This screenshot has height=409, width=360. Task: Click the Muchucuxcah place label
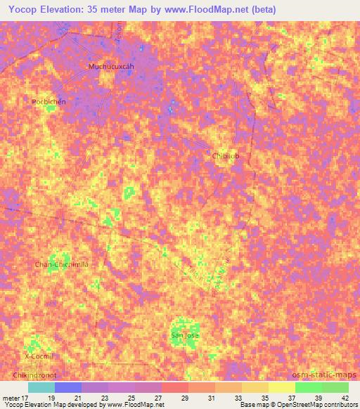click(110, 67)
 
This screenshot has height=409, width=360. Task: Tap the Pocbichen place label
click(49, 102)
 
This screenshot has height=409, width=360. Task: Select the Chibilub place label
click(225, 156)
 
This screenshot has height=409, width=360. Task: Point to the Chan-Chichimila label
click(62, 264)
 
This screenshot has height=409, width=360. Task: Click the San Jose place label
click(186, 336)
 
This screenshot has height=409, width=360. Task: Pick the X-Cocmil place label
click(39, 356)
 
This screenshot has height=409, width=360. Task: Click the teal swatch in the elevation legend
click(41, 387)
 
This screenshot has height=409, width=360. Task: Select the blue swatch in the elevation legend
click(68, 387)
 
